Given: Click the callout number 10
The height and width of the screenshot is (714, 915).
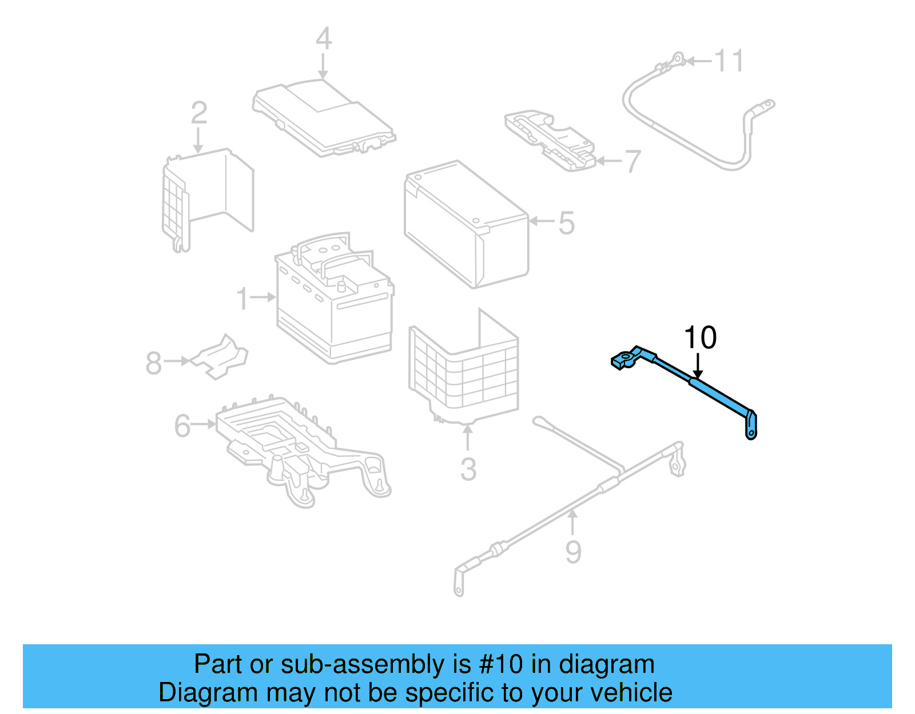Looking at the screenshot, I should [x=700, y=338].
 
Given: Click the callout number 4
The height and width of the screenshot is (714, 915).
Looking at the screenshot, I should [x=324, y=39].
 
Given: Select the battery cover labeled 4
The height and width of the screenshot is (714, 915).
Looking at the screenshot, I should [x=324, y=118].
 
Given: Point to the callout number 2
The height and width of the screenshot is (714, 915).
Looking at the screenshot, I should [x=198, y=113].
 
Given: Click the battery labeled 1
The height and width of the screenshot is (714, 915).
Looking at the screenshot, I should [x=335, y=303].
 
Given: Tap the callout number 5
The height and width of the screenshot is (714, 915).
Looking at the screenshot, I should [x=566, y=223].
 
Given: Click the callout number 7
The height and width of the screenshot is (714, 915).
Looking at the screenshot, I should [x=632, y=162].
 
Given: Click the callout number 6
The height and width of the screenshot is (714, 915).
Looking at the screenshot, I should [x=182, y=426].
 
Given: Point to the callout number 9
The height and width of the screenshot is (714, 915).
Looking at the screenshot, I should [x=573, y=552].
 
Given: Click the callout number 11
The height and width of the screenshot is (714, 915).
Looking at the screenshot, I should [x=730, y=61].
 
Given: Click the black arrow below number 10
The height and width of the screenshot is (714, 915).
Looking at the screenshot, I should [x=698, y=366].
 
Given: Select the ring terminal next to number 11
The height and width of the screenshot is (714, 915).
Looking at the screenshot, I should [x=677, y=57].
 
